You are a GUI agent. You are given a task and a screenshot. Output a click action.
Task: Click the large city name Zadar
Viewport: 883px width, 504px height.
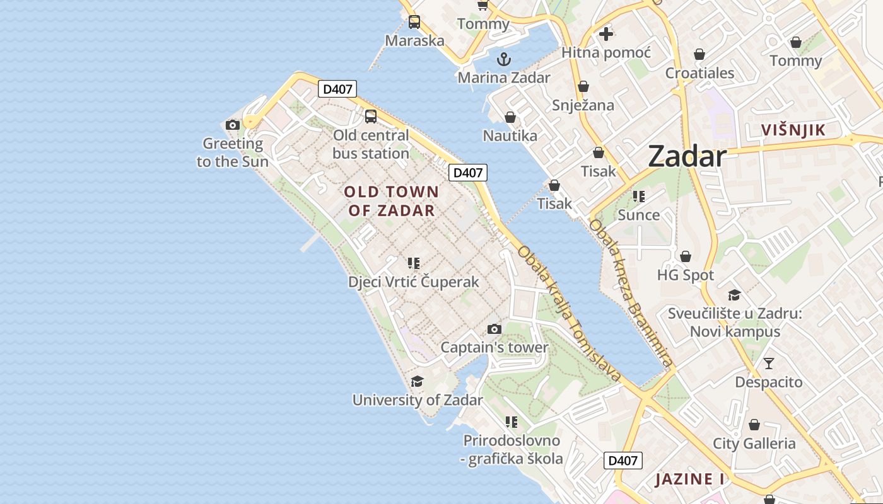coord(687,156)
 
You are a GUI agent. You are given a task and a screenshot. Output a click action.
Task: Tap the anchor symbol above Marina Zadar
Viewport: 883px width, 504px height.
coord(503,60)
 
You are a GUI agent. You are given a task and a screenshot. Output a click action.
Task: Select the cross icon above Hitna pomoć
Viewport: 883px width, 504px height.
coord(606,34)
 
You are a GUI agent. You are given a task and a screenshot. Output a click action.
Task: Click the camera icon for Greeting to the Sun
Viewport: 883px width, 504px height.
coord(233,125)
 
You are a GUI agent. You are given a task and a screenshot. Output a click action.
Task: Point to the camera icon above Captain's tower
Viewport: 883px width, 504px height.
coord(494,329)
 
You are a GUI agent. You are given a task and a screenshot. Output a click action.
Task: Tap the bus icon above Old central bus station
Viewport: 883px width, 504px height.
coord(371,117)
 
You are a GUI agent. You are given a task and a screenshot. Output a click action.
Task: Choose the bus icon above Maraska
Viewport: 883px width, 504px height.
coord(414,22)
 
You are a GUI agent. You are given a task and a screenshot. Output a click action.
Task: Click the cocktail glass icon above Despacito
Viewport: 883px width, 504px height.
coord(768,364)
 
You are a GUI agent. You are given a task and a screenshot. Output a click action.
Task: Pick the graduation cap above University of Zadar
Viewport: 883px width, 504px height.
coord(417,381)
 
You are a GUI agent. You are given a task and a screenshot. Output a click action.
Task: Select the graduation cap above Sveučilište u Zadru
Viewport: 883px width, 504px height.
coord(734,295)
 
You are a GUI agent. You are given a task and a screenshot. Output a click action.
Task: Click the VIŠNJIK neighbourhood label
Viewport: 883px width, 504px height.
coord(793,130)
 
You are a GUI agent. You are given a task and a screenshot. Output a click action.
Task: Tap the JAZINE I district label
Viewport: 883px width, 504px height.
coord(689,479)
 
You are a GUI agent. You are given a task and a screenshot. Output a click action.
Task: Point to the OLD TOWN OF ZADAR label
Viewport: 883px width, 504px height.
coord(391,201)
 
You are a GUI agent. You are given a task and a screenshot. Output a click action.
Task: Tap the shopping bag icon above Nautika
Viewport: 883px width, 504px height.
coord(510,117)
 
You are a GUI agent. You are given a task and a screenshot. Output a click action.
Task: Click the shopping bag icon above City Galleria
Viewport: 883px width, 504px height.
coord(754,425)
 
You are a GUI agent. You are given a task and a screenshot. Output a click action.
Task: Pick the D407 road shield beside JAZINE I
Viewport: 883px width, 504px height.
coord(623,461)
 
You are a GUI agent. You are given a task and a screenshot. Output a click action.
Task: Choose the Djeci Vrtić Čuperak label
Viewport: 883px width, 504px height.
coord(414,282)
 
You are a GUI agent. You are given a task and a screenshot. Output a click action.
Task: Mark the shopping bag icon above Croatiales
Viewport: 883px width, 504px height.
coord(699,54)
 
